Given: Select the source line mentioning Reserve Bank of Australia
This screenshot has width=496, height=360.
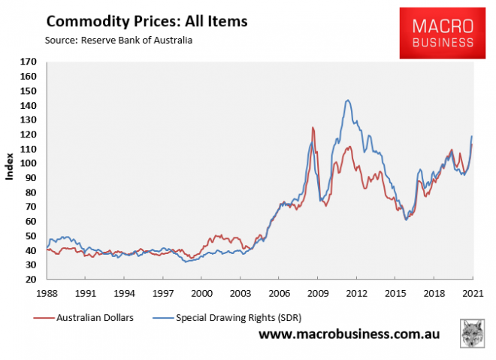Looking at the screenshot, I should click(x=108, y=40).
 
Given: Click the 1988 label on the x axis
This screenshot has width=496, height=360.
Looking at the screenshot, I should click(x=47, y=292).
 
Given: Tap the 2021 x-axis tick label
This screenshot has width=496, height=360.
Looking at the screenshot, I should click(x=472, y=292).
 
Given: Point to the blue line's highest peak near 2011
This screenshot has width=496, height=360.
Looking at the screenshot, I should click(x=347, y=100).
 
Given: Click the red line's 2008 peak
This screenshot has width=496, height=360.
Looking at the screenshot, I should click(x=313, y=128).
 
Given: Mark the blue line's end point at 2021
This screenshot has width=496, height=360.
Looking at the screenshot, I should click(x=472, y=136).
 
